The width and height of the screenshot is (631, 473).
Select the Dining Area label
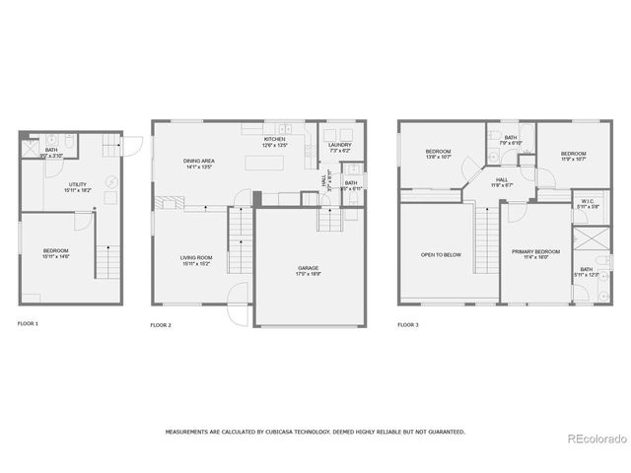[199, 164]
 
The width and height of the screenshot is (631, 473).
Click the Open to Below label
[441, 254]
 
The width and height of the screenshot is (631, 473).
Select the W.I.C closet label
[586, 204]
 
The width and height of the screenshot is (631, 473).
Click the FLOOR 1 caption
[28, 323]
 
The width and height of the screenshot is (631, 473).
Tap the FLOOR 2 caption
[161, 324]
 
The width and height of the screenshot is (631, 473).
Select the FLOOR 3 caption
[408, 323]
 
